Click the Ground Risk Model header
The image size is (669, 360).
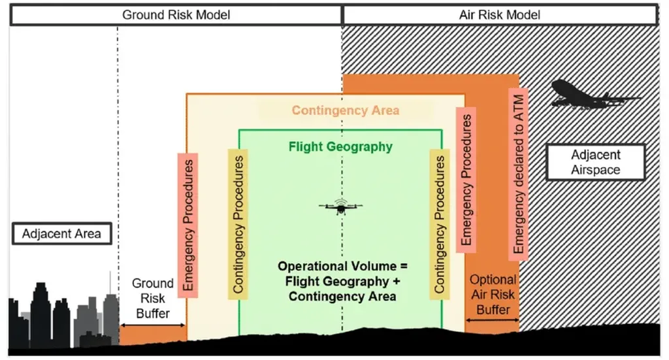tap(176, 15)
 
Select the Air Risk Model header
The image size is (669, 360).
tap(500, 15)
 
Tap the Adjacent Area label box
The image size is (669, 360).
tap(62, 234)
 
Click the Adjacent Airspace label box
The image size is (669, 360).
tap(596, 162)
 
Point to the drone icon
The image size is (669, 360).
tap(340, 206)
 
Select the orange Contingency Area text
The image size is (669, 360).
tap(346, 110)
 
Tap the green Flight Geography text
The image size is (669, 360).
tap(340, 147)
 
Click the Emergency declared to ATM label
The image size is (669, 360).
tap(518, 174)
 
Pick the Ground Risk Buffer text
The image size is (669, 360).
tap(153, 298)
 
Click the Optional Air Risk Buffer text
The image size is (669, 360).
tap(493, 295)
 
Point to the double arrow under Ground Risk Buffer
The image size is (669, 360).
tap(153, 325)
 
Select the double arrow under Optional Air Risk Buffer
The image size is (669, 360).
tap(493, 320)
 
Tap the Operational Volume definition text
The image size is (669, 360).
tap(342, 281)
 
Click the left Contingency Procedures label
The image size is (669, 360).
tap(238, 224)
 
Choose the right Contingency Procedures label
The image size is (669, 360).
tap(440, 224)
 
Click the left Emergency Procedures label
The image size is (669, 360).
tap(188, 225)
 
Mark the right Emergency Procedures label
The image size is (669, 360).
tap(466, 180)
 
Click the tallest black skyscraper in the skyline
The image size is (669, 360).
tap(41, 315)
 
